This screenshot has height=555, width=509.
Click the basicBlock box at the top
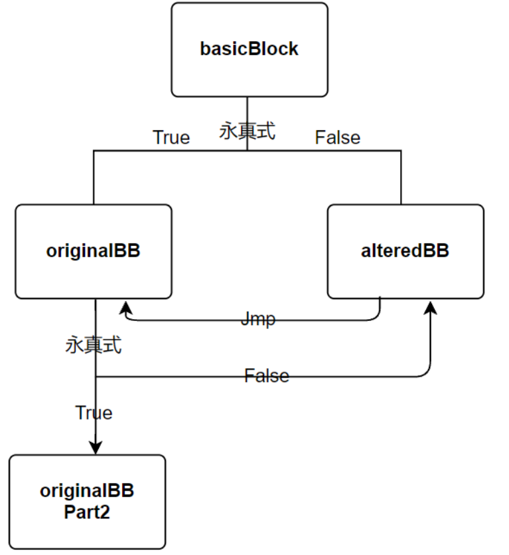(x=249, y=50)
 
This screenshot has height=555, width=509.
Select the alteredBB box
(x=405, y=251)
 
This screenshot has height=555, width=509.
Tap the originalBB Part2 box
(x=88, y=502)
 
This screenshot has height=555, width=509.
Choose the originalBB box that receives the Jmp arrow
(x=93, y=251)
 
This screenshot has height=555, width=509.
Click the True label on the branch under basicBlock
(x=171, y=138)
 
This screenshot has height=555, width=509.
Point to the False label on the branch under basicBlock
(x=337, y=138)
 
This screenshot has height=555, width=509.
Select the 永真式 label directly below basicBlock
(x=248, y=131)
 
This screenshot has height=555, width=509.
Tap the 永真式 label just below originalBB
(x=94, y=346)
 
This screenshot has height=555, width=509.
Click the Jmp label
(x=257, y=320)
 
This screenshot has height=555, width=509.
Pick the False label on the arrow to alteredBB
(x=267, y=376)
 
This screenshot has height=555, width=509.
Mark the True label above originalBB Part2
(x=94, y=413)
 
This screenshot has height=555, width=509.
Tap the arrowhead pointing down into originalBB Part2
(x=96, y=448)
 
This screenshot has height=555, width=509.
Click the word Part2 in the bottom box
(x=87, y=512)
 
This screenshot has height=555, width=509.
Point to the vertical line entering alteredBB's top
(x=401, y=178)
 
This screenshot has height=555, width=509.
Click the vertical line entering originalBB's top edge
(x=94, y=178)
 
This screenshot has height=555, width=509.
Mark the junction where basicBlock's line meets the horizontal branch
(x=248, y=151)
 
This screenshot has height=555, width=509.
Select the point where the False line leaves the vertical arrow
(x=96, y=377)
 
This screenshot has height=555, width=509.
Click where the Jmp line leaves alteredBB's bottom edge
(x=380, y=298)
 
